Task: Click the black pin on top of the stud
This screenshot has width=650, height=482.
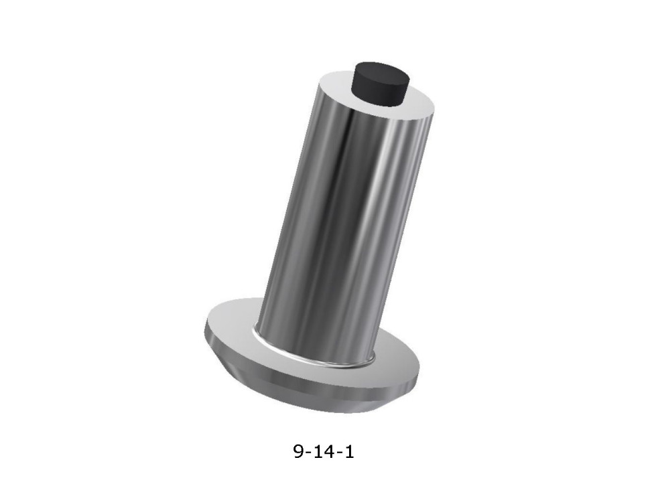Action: (380, 84)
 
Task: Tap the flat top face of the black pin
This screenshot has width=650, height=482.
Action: (381, 72)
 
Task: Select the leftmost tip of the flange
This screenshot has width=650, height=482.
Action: (205, 329)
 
